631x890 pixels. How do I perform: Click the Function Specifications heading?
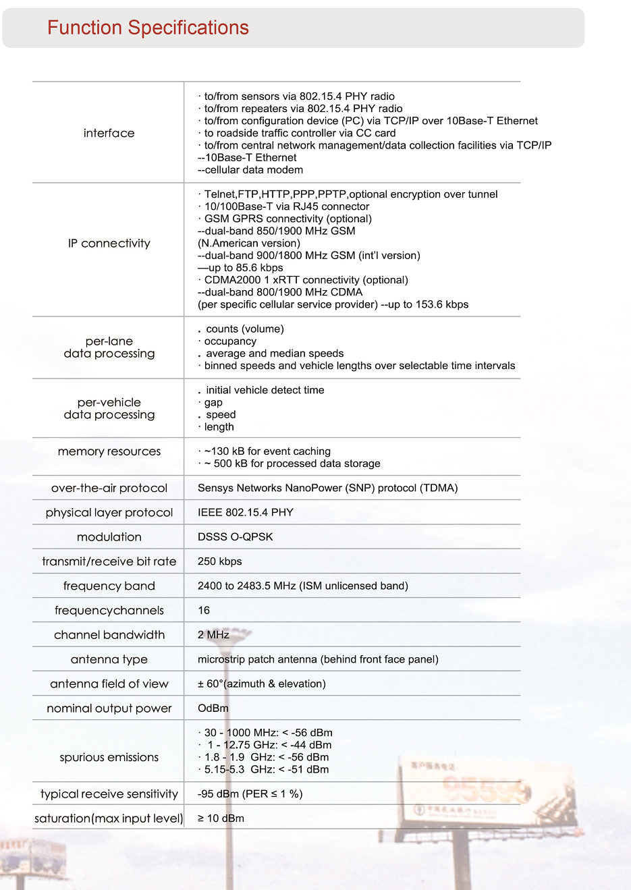[x=148, y=28]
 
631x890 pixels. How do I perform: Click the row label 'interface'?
[x=109, y=133]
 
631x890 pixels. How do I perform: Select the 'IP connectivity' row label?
[x=109, y=243]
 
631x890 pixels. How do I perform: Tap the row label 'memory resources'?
[x=109, y=451]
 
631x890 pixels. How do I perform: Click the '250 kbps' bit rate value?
[x=219, y=561]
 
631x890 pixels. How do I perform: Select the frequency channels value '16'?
[x=204, y=610]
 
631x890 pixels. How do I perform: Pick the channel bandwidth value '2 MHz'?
[x=213, y=635]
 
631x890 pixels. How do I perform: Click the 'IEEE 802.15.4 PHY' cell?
[x=245, y=512]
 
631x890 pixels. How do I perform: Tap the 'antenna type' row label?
[x=109, y=659]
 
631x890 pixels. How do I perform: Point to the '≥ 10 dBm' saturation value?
[x=221, y=818]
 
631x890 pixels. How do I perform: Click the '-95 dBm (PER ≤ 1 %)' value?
[x=250, y=794]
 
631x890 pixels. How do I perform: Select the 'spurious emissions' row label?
[x=109, y=757]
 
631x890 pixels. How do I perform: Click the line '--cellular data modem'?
[x=250, y=170]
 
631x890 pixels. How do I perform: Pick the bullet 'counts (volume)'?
[x=244, y=329]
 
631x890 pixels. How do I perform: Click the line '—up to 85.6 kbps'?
[x=240, y=268]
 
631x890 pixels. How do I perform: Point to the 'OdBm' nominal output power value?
[x=213, y=708]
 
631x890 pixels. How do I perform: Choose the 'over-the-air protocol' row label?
[x=109, y=488]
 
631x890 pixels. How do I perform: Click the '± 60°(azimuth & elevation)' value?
[x=261, y=684]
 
